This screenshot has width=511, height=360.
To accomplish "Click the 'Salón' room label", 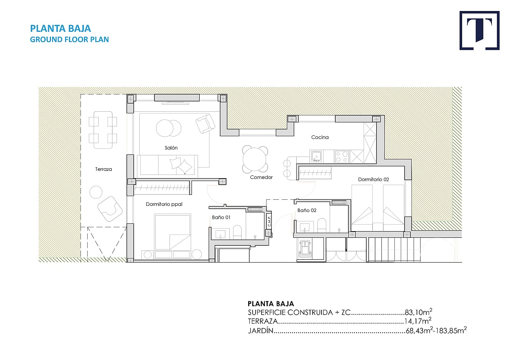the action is [171, 148].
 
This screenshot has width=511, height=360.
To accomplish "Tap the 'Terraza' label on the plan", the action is [104, 169].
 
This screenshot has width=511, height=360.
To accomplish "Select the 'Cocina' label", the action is [320, 137].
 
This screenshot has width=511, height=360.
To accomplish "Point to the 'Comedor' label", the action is [261, 177].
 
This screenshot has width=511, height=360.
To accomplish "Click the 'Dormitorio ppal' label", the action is [164, 204].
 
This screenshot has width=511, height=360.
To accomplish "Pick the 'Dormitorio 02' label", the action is [373, 179].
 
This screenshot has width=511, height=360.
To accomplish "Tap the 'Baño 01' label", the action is [221, 217].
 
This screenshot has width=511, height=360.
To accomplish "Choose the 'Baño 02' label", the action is [307, 210].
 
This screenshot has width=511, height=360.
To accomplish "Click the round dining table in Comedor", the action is [255, 159].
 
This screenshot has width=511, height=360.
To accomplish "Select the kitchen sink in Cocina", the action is [316, 157].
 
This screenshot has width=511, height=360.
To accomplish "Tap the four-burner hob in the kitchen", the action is [342, 157].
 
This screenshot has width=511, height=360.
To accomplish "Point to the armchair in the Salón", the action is [205, 124].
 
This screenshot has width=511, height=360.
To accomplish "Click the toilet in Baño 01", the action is [237, 232].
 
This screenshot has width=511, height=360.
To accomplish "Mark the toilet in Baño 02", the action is [322, 225].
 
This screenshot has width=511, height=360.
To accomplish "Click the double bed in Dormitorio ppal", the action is [172, 232].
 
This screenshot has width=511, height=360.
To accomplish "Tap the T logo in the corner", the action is [479, 30].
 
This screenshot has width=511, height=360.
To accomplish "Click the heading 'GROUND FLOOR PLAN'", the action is [69, 40].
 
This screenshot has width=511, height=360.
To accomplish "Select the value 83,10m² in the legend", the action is [418, 312].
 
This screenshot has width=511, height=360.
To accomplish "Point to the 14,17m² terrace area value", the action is [418, 321].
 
